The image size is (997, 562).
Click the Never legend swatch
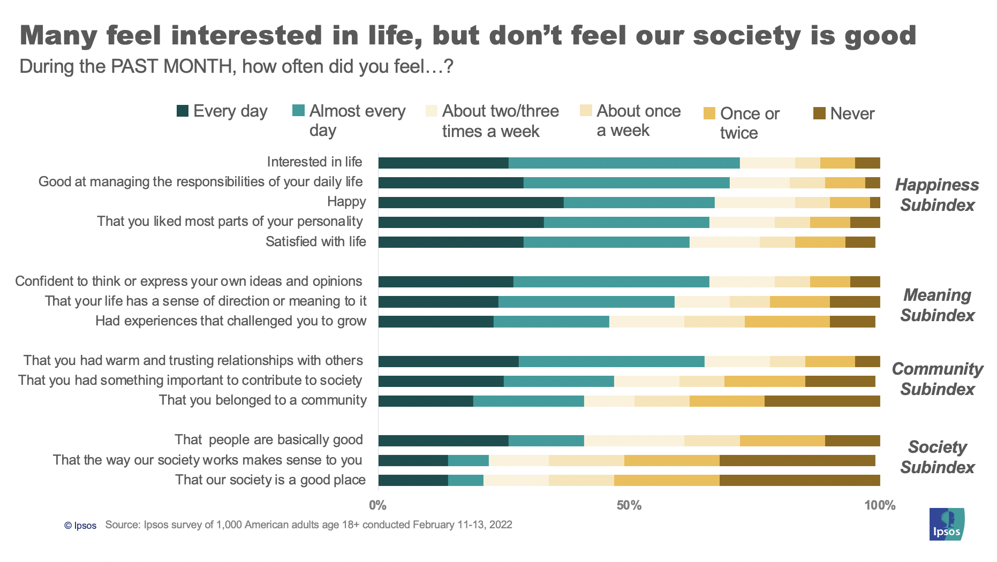819,113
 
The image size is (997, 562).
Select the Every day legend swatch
183,111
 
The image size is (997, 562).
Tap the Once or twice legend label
749,123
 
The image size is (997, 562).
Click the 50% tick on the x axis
629,505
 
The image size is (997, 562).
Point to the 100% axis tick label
879,505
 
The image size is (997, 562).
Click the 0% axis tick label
377,505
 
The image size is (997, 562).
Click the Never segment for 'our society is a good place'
799,480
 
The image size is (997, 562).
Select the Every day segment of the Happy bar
471,202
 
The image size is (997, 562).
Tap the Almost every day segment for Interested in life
624,163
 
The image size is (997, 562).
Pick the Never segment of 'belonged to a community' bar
822,401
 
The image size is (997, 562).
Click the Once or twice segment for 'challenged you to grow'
787,322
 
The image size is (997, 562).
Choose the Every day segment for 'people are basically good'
443,441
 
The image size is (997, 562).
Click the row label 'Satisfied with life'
315,241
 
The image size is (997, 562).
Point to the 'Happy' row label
346,202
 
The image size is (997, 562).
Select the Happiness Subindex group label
936,195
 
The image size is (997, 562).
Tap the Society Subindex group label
936,457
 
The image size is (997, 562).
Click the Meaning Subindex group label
936,305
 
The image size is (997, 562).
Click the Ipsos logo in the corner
946,524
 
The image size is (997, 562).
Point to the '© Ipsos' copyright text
80,526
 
